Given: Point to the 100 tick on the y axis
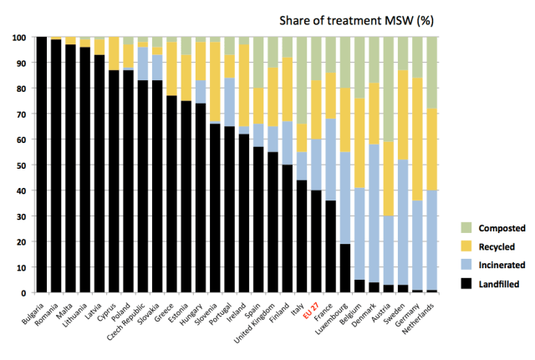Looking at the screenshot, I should pos(19,38).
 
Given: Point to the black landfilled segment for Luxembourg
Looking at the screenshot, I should pos(345,268).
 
